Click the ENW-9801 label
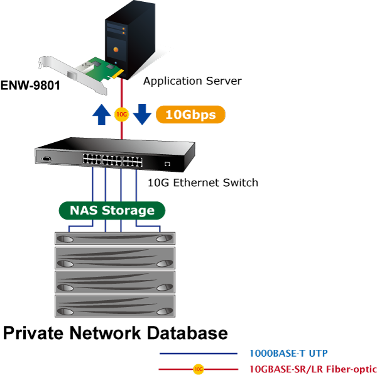click(30, 86)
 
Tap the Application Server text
click(192, 81)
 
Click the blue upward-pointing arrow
click(102, 115)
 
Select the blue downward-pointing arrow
click(142, 115)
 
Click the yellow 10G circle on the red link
click(122, 115)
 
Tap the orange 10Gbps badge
click(190, 115)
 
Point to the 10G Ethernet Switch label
click(203, 182)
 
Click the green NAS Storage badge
click(112, 210)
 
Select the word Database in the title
click(187, 333)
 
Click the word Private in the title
click(33, 333)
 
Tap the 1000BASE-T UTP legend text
click(288, 354)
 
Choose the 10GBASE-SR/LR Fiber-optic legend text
click(313, 369)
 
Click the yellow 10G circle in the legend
click(199, 369)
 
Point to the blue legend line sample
click(199, 354)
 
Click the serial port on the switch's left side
click(46, 159)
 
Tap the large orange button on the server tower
click(116, 50)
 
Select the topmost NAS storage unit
click(115, 238)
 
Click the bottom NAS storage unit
click(115, 306)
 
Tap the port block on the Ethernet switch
click(112, 160)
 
